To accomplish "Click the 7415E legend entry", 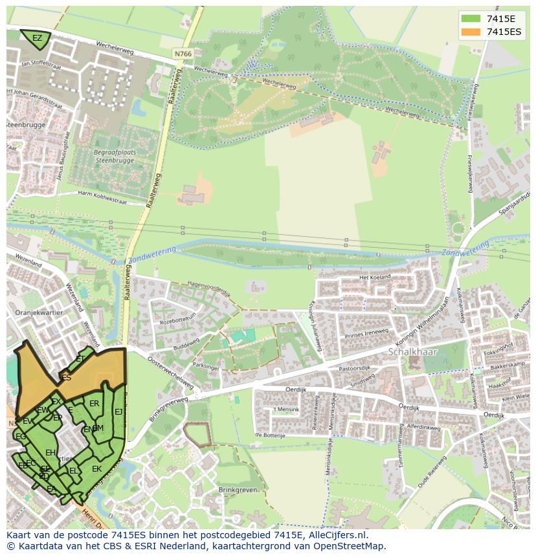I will (500, 19).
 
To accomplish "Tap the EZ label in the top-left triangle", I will (37, 38).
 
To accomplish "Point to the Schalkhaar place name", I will (413, 352).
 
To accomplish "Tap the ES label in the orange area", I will (66, 378).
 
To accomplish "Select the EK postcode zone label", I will (96, 469).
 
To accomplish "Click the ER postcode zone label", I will (94, 404).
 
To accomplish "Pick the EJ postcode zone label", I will (118, 411).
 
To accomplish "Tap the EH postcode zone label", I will (50, 453).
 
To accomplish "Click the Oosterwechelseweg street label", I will (170, 371).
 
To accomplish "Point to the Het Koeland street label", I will (375, 278).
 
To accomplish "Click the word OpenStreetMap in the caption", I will (352, 546).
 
